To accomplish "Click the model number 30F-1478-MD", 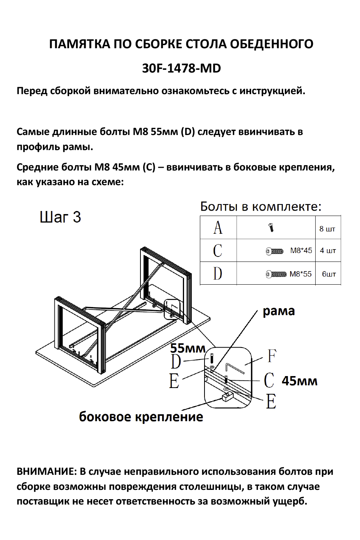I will (181, 68).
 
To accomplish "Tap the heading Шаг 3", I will (60, 217).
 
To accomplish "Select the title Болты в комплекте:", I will (260, 207).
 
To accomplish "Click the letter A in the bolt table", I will (218, 228).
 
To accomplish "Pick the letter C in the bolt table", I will (218, 250).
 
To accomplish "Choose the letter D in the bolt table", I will (218, 273).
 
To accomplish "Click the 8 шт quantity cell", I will (327, 229).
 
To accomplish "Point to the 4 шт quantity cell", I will (328, 251).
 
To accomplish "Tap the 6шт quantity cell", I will (329, 274).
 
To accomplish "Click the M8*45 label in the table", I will (301, 251).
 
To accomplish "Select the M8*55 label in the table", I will (301, 274).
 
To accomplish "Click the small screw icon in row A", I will (271, 228).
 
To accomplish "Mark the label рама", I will (279, 311).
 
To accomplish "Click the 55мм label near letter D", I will (188, 348).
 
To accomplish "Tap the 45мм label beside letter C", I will (299, 381).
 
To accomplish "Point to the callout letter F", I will (272, 356).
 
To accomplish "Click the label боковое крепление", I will (141, 417).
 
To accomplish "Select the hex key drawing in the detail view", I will (234, 367).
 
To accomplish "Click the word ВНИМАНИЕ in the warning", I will (46, 471).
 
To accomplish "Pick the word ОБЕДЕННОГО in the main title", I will (272, 44).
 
